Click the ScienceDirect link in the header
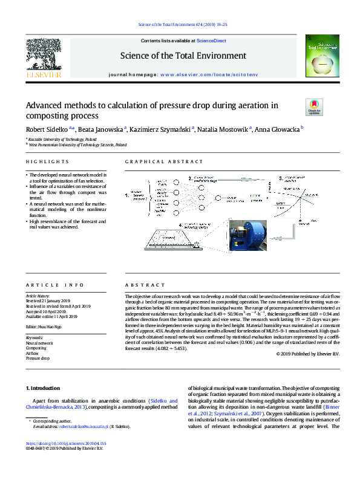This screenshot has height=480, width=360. click(x=212, y=41)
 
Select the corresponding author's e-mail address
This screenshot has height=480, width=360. click(x=83, y=427)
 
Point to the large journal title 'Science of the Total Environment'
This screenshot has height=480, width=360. click(x=183, y=56)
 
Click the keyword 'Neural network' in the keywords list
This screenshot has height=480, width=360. click(x=39, y=343)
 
